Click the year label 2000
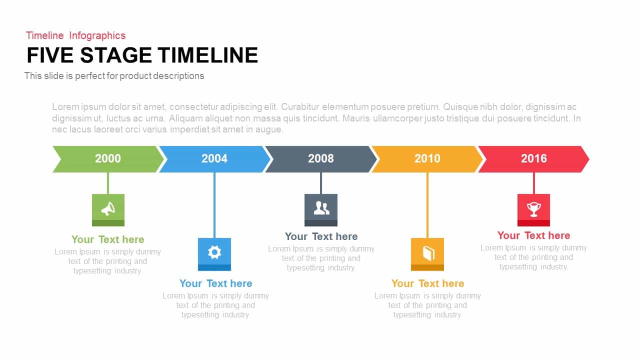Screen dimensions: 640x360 tap(107, 158)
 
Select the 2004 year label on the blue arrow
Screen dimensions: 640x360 tap(214, 158)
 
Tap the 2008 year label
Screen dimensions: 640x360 tap(320, 158)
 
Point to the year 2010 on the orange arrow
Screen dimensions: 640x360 tap(427, 158)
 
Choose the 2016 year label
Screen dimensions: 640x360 tap(533, 158)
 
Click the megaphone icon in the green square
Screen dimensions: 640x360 tap(108, 209)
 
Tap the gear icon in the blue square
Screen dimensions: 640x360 tap(214, 252)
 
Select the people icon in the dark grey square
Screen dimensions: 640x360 tap(321, 207)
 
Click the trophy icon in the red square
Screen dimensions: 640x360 tap(533, 209)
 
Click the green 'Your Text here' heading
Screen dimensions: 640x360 tap(107, 239)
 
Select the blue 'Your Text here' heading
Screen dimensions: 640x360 tap(215, 283)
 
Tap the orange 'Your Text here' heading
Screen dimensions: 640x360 tap(427, 283)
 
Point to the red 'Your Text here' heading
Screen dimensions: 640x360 tap(533, 235)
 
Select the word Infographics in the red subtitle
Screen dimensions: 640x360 tap(97, 35)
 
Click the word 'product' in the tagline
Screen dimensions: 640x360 tap(135, 76)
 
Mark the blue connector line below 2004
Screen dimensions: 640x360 tap(214, 205)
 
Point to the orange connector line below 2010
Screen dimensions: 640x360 tap(427, 205)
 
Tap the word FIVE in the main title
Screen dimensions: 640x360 tap(50, 55)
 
